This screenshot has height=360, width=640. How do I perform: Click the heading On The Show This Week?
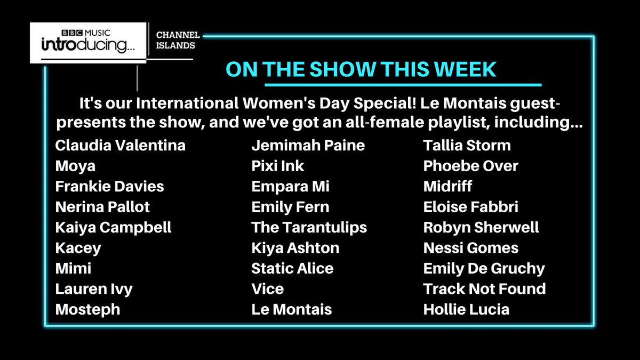(x=361, y=69)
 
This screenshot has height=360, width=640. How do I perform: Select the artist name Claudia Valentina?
(x=121, y=145)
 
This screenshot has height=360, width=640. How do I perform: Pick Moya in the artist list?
(x=75, y=166)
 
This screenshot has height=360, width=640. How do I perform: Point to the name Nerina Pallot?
(x=102, y=206)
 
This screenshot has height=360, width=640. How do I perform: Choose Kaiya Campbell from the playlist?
(x=113, y=227)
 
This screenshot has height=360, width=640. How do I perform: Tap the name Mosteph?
(x=87, y=309)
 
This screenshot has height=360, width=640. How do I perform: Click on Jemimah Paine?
(x=308, y=145)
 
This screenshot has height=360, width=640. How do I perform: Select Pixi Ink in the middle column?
(x=277, y=166)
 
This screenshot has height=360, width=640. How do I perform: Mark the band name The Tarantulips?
(x=309, y=227)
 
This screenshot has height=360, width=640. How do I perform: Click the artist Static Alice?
(x=292, y=268)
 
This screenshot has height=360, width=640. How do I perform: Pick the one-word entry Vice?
(x=267, y=289)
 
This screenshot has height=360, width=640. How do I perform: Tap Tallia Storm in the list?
(x=467, y=145)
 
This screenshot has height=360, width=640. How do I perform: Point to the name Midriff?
(x=447, y=186)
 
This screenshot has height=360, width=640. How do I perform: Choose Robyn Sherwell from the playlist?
(x=481, y=227)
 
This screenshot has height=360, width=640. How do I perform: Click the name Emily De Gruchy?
(x=484, y=268)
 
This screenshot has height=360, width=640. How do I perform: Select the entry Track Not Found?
(x=484, y=289)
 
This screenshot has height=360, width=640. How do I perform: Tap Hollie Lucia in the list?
(x=466, y=309)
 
